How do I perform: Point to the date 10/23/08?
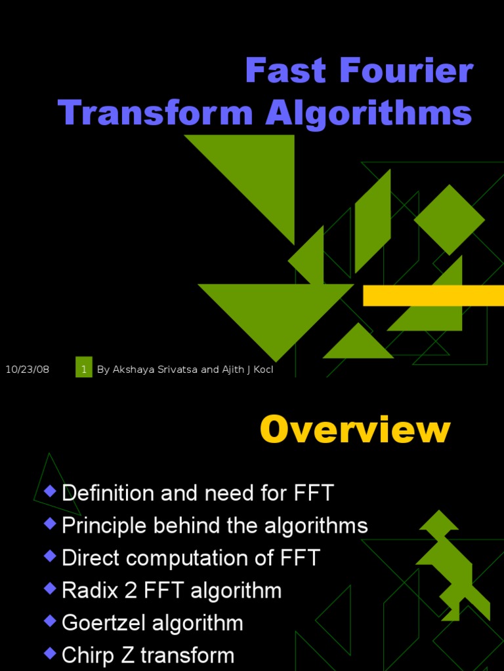pyautogui.click(x=28, y=370)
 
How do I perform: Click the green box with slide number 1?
pyautogui.click(x=84, y=369)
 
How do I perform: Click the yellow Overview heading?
pyautogui.click(x=355, y=431)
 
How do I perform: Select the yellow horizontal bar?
pyautogui.click(x=433, y=296)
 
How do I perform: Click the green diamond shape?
pyautogui.click(x=450, y=220)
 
